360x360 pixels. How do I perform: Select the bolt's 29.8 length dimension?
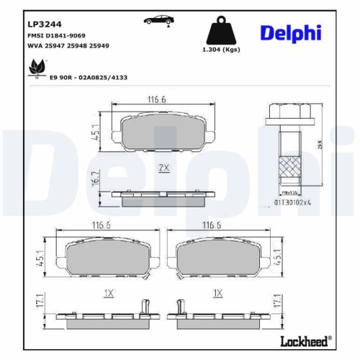click(320, 145)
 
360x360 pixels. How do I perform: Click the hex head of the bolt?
click(287, 112)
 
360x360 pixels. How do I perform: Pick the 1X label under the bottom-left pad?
click(109, 294)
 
